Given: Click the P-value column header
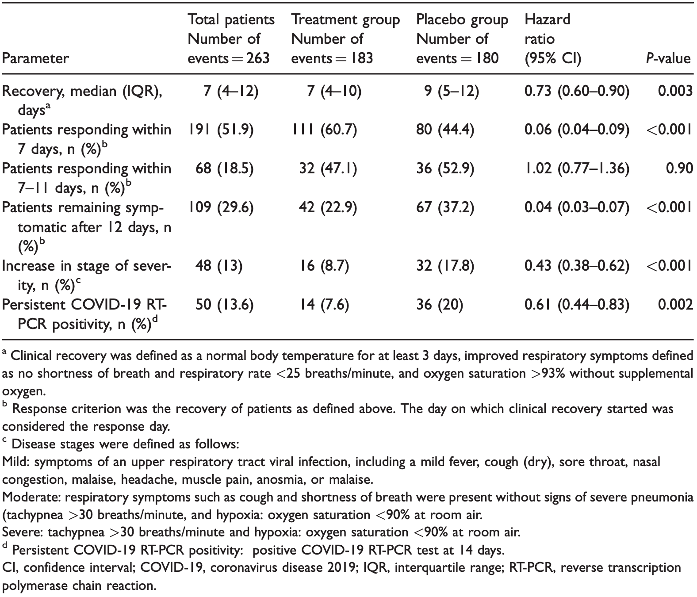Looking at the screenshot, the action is pyautogui.click(x=668, y=59).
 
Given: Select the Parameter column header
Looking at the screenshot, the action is pyautogui.click(x=35, y=59).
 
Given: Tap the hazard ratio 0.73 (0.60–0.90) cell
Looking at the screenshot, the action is pyautogui.click(x=577, y=91).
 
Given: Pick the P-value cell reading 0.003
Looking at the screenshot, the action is pyautogui.click(x=675, y=91).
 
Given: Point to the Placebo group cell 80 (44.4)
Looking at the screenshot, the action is pyautogui.click(x=445, y=130).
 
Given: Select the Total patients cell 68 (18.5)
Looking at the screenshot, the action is pyautogui.click(x=224, y=168).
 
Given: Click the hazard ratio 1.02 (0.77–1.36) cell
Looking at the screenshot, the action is pyautogui.click(x=577, y=168).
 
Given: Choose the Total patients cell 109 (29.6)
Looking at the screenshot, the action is pyautogui.click(x=221, y=207).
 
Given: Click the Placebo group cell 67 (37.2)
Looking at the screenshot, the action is pyautogui.click(x=445, y=207).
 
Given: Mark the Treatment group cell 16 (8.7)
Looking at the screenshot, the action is pyautogui.click(x=324, y=266).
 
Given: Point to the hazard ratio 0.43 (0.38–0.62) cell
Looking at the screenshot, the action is pyautogui.click(x=577, y=266).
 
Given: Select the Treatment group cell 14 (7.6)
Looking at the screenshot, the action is pyautogui.click(x=324, y=305).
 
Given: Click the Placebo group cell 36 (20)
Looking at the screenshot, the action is pyautogui.click(x=440, y=305).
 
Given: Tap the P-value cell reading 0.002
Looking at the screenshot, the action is pyautogui.click(x=675, y=305).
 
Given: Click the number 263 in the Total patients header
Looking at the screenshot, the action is pyautogui.click(x=258, y=59).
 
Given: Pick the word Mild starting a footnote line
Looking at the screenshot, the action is pyautogui.click(x=15, y=462).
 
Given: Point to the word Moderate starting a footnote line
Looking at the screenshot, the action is pyautogui.click(x=31, y=497).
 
